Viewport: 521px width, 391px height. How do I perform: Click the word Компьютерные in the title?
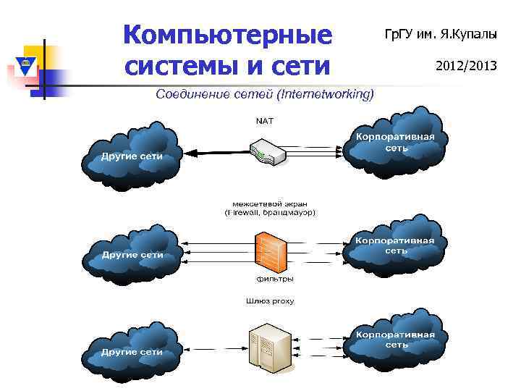pos(227,35)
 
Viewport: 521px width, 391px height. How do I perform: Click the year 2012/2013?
pos(466,66)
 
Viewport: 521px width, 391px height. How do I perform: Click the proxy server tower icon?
pos(269,345)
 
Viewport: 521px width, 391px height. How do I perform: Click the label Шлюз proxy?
pos(271,300)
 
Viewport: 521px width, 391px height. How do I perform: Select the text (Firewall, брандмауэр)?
pos(270,213)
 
